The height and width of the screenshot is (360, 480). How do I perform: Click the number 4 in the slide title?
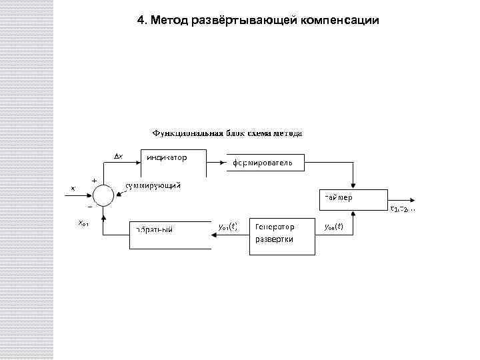140,20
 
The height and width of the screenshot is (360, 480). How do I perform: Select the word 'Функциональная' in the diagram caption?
187,133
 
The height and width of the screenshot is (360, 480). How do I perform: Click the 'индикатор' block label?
167,158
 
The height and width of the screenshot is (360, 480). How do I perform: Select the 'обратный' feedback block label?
153,230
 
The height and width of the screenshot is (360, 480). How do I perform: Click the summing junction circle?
103,195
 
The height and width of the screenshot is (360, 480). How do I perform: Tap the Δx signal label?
118,157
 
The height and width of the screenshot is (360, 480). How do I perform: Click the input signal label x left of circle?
73,188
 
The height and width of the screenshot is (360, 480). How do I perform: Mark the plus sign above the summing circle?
93,180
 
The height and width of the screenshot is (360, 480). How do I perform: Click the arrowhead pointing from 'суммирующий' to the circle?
117,194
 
